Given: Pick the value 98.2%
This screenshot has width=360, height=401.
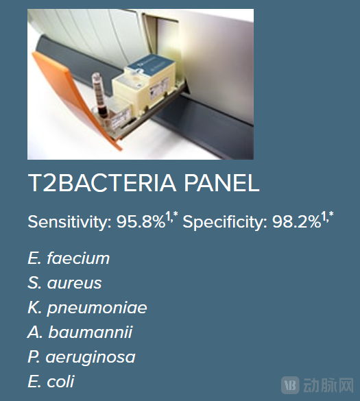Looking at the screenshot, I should pyautogui.click(x=297, y=223).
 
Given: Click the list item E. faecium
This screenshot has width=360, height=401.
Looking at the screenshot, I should pyautogui.click(x=69, y=258).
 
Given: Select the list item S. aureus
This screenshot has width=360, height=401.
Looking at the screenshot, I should pyautogui.click(x=64, y=283).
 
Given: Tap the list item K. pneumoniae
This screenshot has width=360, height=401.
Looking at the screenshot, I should pyautogui.click(x=87, y=308).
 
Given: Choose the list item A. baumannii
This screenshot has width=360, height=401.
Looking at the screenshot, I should pyautogui.click(x=80, y=332).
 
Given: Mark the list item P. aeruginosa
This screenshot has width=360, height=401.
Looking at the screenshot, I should pyautogui.click(x=82, y=357).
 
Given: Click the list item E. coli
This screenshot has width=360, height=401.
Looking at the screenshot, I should pyautogui.click(x=51, y=382).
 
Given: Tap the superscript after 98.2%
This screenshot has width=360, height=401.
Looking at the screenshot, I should pyautogui.click(x=328, y=217).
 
